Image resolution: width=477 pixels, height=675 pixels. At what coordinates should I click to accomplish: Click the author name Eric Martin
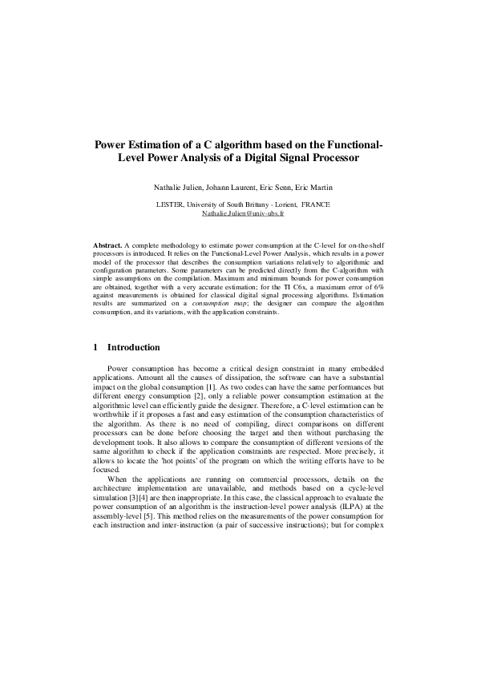pyautogui.click(x=314, y=187)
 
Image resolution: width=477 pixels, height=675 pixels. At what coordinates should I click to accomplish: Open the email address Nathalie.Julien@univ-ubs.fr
pyautogui.click(x=238, y=214)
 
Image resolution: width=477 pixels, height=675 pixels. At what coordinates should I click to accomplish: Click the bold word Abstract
pyautogui.click(x=107, y=242)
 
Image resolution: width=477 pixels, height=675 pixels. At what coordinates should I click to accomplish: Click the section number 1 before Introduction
pyautogui.click(x=96, y=347)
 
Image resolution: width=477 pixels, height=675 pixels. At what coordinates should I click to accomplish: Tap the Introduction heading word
pyautogui.click(x=134, y=347)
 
